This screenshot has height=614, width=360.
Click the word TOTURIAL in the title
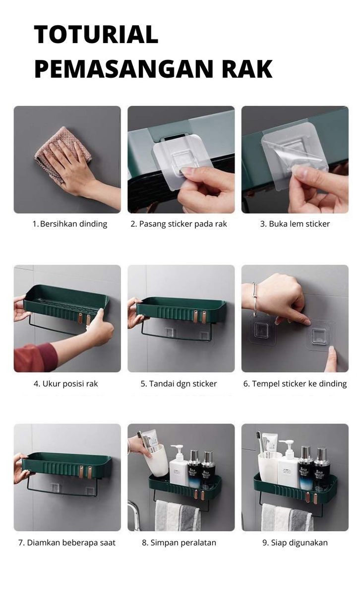(x=96, y=35)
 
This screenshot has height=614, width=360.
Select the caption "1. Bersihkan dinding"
(x=69, y=224)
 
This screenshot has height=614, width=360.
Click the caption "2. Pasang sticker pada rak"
(x=179, y=224)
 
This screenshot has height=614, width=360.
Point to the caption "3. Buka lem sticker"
(x=295, y=224)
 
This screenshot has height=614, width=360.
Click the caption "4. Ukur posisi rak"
(x=66, y=384)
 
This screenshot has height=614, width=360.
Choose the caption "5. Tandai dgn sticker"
(x=179, y=384)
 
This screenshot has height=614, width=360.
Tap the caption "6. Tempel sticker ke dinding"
(x=295, y=384)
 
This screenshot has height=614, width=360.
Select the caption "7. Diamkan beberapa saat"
(x=67, y=543)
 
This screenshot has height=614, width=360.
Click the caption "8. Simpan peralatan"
(x=179, y=543)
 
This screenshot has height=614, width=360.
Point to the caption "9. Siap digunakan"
(x=295, y=543)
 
